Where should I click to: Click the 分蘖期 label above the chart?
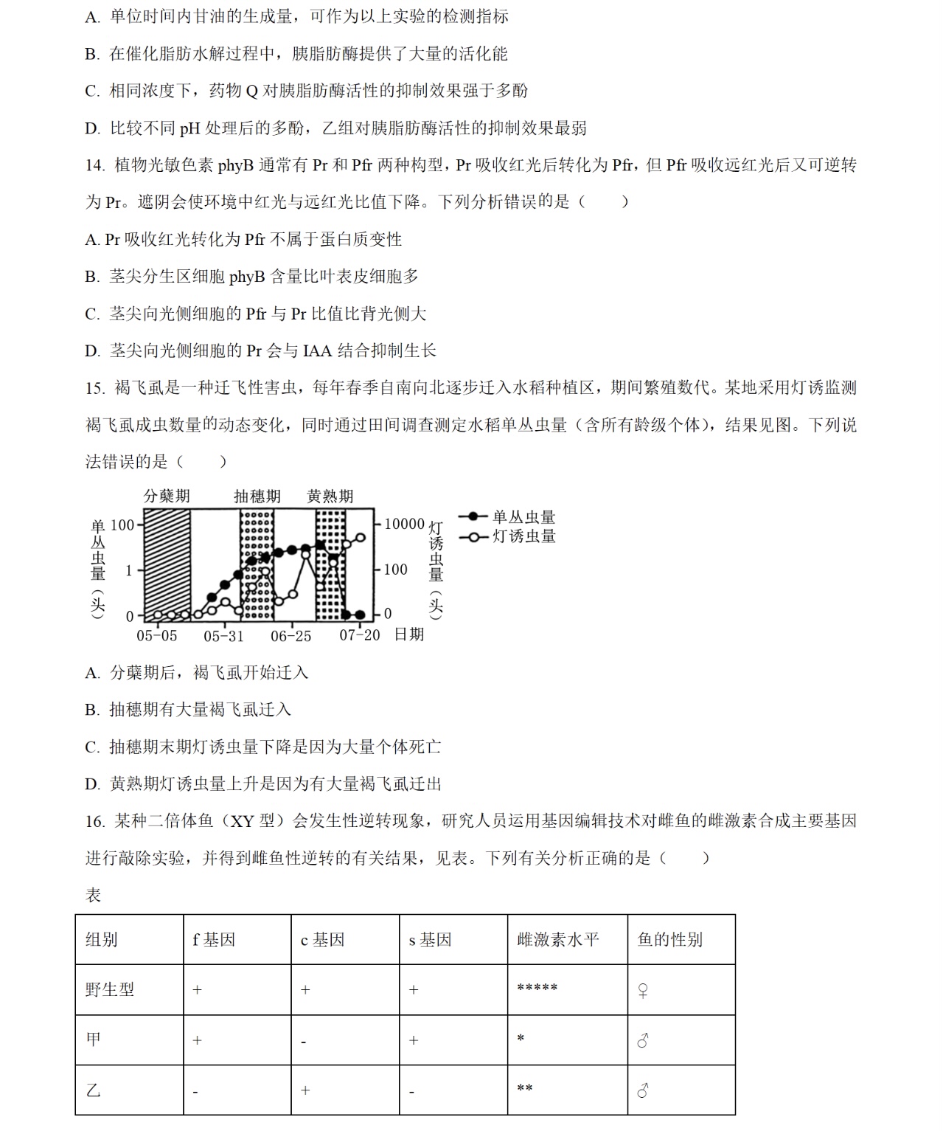coord(167,496)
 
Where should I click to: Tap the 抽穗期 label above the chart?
coord(257,496)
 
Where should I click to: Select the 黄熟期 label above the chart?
coord(330,496)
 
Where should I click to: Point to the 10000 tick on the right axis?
coord(404,524)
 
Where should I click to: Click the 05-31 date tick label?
coord(223,635)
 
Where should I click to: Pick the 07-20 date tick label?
coord(359,635)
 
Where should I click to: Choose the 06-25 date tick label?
coord(291,635)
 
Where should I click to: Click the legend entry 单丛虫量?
coord(523,517)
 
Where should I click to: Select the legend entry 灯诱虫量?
coord(523,536)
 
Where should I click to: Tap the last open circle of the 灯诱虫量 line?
coord(361,538)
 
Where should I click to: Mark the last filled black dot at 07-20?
coord(360,615)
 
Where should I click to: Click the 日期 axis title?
coord(409,634)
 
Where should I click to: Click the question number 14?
coord(94,165)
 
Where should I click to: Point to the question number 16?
coord(94,821)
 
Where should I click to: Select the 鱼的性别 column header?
coord(669,939)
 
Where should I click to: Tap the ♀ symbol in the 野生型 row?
coord(643,991)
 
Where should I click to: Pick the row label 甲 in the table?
coord(94,1040)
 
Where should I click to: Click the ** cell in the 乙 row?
coord(525,1089)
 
